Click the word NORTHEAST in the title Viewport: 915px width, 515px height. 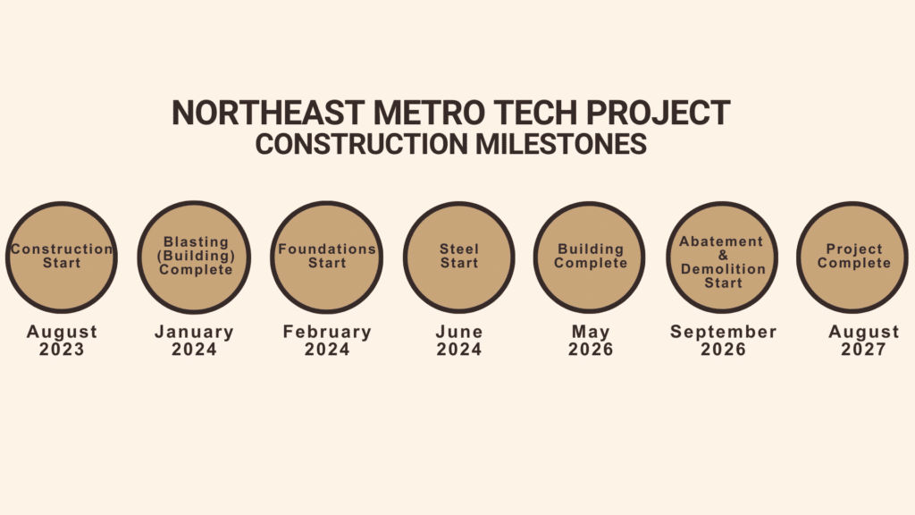pyautogui.click(x=268, y=113)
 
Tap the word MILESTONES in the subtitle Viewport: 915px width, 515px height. pyautogui.click(x=561, y=144)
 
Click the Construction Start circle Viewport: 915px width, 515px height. pyautogui.click(x=62, y=257)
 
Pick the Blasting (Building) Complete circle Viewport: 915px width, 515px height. pyautogui.click(x=194, y=257)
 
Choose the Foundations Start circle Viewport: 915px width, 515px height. pyautogui.click(x=327, y=257)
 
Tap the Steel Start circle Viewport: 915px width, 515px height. pyautogui.click(x=459, y=257)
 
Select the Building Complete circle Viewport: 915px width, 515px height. pyautogui.click(x=590, y=257)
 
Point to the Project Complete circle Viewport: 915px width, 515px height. pyautogui.click(x=852, y=257)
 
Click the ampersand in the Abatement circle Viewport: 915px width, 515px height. pyautogui.click(x=723, y=255)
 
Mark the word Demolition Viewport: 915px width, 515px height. pyautogui.click(x=723, y=269)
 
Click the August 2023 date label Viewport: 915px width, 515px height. pyautogui.click(x=62, y=341)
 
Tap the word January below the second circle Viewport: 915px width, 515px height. pyautogui.click(x=194, y=333)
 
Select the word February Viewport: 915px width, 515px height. pyautogui.click(x=327, y=333)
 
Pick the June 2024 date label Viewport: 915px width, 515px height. pyautogui.click(x=459, y=341)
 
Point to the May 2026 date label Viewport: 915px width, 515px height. pyautogui.click(x=591, y=341)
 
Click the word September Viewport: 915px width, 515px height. pyautogui.click(x=724, y=333)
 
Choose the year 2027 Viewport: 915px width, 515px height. pyautogui.click(x=864, y=350)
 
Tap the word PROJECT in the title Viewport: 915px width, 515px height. pyautogui.click(x=659, y=113)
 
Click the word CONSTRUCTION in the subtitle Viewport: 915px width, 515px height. pyautogui.click(x=361, y=144)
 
